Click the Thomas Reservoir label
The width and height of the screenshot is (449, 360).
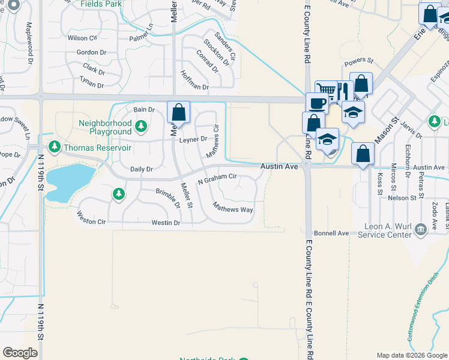tap(97, 147)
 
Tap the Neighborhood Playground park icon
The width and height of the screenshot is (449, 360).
tap(141, 126)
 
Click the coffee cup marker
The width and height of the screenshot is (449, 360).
tap(316, 102)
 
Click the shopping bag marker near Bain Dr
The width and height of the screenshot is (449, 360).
tap(179, 112)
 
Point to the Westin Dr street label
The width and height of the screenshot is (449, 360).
tap(166, 223)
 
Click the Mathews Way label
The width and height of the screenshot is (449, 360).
tap(233, 209)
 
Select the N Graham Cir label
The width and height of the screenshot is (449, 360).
tap(217, 178)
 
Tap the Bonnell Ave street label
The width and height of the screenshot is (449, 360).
tap(331, 233)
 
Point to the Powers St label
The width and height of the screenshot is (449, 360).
tap(358, 61)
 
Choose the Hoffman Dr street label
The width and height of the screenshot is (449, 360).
tap(194, 81)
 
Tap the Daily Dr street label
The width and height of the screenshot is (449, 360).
tap(141, 169)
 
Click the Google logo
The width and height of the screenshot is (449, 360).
tap(20, 352)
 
